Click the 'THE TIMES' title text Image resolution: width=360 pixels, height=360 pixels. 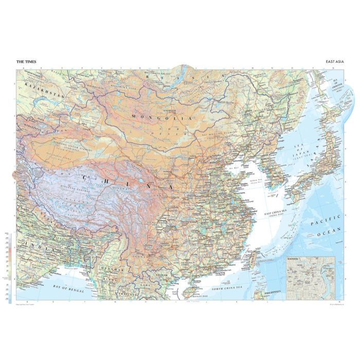click(26, 62)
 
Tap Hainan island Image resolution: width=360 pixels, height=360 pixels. click(193, 293)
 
